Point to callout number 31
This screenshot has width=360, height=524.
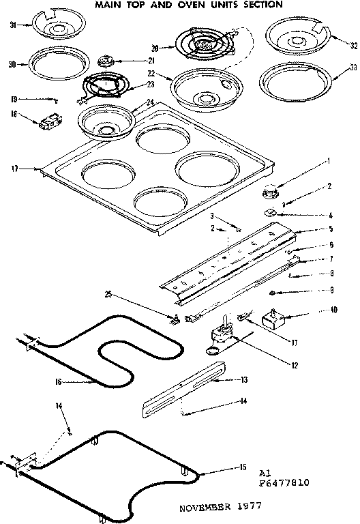[12, 27]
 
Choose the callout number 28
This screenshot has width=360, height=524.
[155, 48]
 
